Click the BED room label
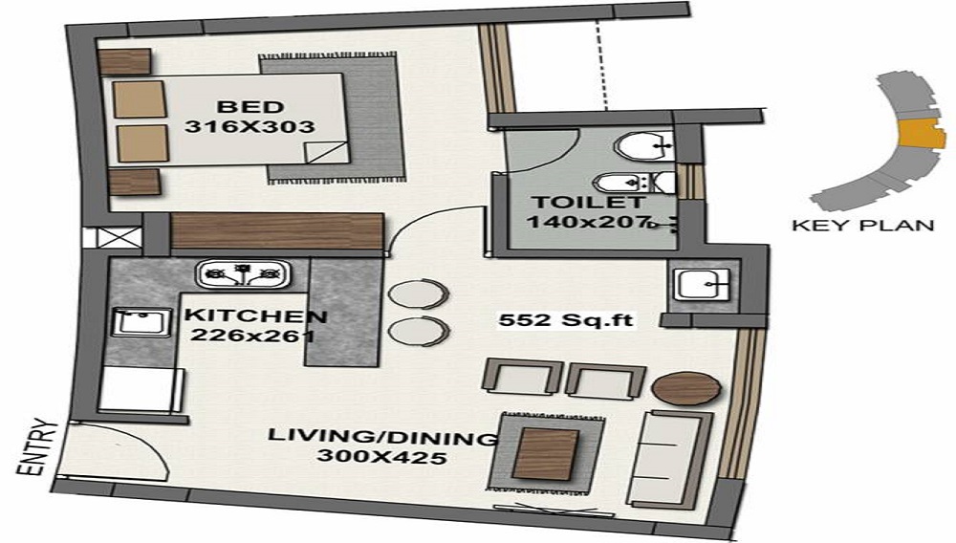(x=248, y=106)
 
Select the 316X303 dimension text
(x=248, y=125)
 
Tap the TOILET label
(x=572, y=202)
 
